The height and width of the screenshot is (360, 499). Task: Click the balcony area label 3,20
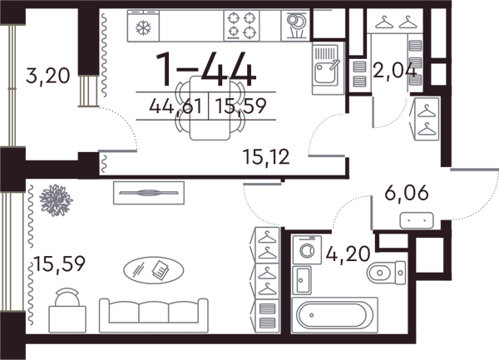47,76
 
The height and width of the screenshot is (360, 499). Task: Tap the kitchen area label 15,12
266,157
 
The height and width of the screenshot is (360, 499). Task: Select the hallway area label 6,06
407,193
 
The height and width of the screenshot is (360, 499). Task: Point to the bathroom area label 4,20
348,254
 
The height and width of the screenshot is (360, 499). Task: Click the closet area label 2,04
394,71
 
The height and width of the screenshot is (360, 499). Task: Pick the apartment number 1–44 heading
206,70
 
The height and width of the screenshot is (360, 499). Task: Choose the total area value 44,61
175,106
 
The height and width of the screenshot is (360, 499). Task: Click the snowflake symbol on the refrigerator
143,27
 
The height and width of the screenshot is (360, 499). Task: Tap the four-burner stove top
241,26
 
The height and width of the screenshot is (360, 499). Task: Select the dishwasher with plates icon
295,26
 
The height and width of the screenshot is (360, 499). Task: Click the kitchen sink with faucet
329,68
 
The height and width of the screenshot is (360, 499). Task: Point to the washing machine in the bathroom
307,249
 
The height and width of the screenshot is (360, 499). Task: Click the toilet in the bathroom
386,272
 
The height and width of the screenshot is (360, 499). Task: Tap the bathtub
335,315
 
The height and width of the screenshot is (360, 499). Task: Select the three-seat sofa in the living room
154,315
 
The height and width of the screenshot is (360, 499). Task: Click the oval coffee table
153,270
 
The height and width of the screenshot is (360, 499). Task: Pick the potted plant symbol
56,200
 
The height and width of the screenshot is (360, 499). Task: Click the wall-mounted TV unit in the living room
149,193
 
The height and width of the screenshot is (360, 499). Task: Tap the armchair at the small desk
67,297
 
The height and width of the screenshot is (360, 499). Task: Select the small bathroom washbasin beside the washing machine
302,280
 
